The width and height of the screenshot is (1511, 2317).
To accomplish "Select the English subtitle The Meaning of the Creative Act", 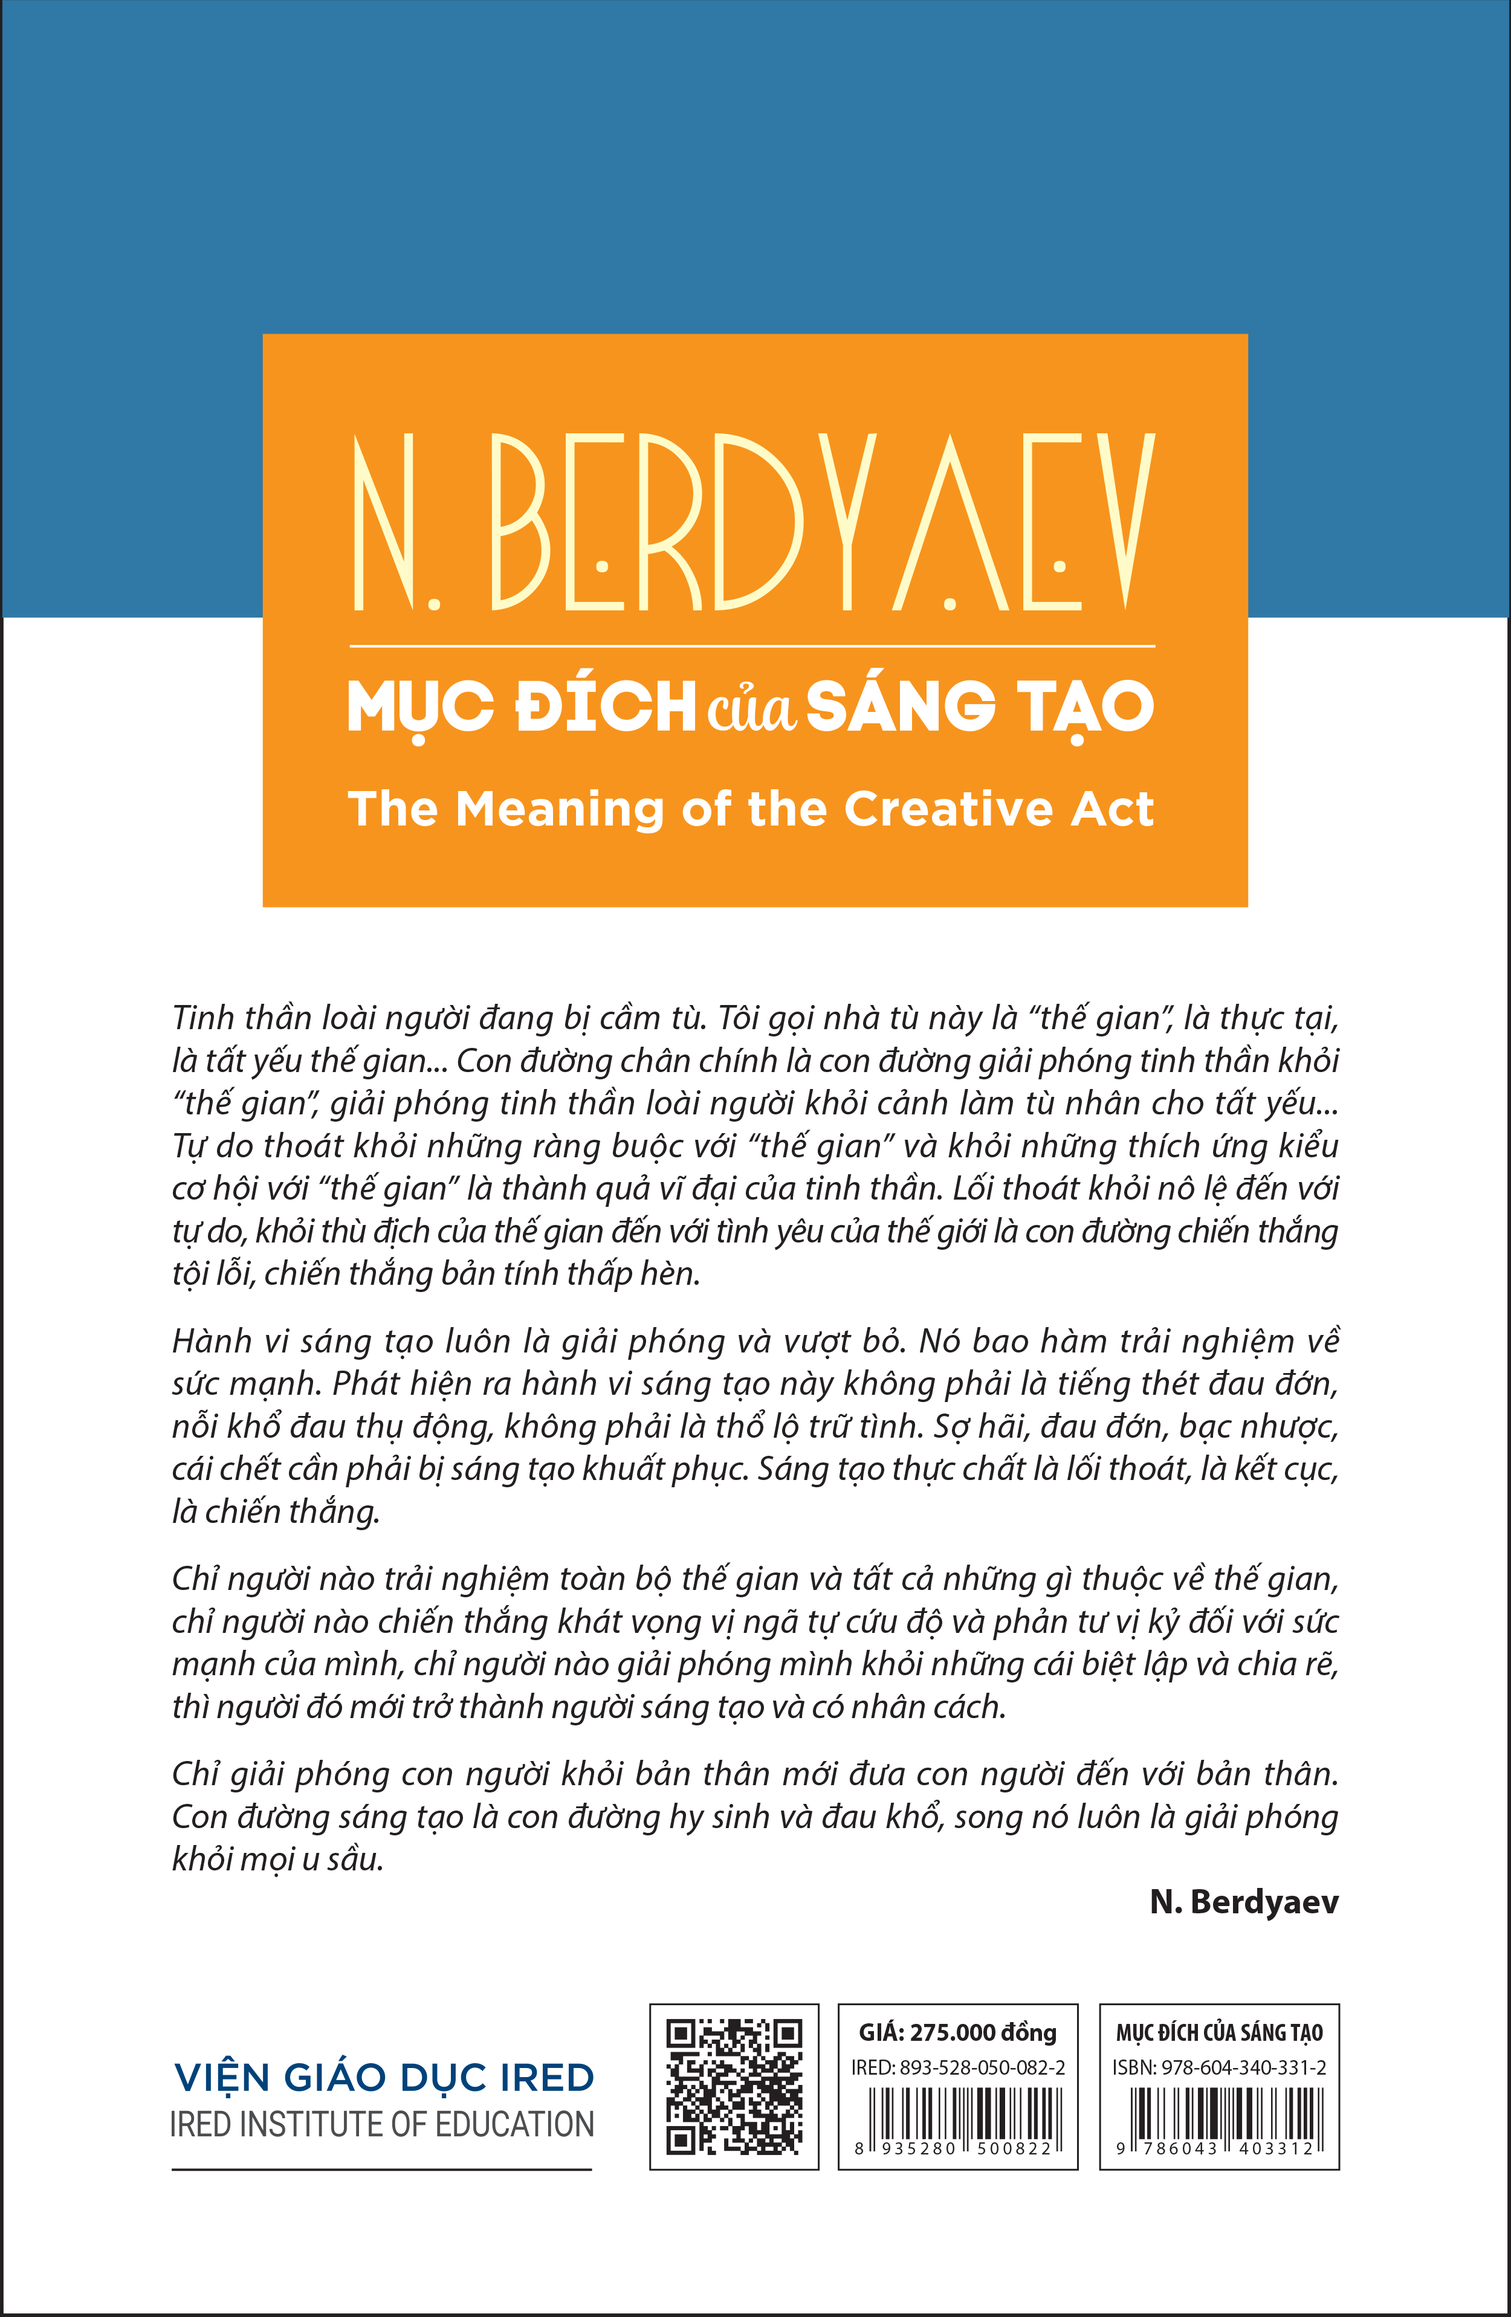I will coord(751,809).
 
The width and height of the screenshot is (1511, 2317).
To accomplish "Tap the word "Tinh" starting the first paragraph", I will coord(202,1018).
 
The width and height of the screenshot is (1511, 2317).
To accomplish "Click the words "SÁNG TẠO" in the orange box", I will coord(979,707).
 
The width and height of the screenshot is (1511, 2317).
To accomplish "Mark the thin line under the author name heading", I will coord(752,645).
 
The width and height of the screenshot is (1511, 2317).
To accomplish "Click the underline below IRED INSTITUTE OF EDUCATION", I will coord(381,2169).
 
